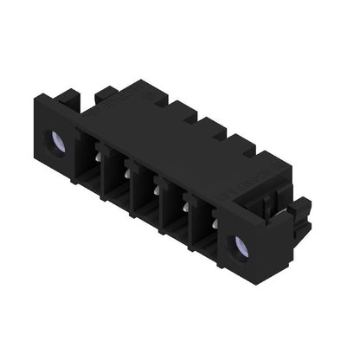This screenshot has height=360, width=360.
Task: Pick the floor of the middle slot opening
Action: (x=149, y=209)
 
